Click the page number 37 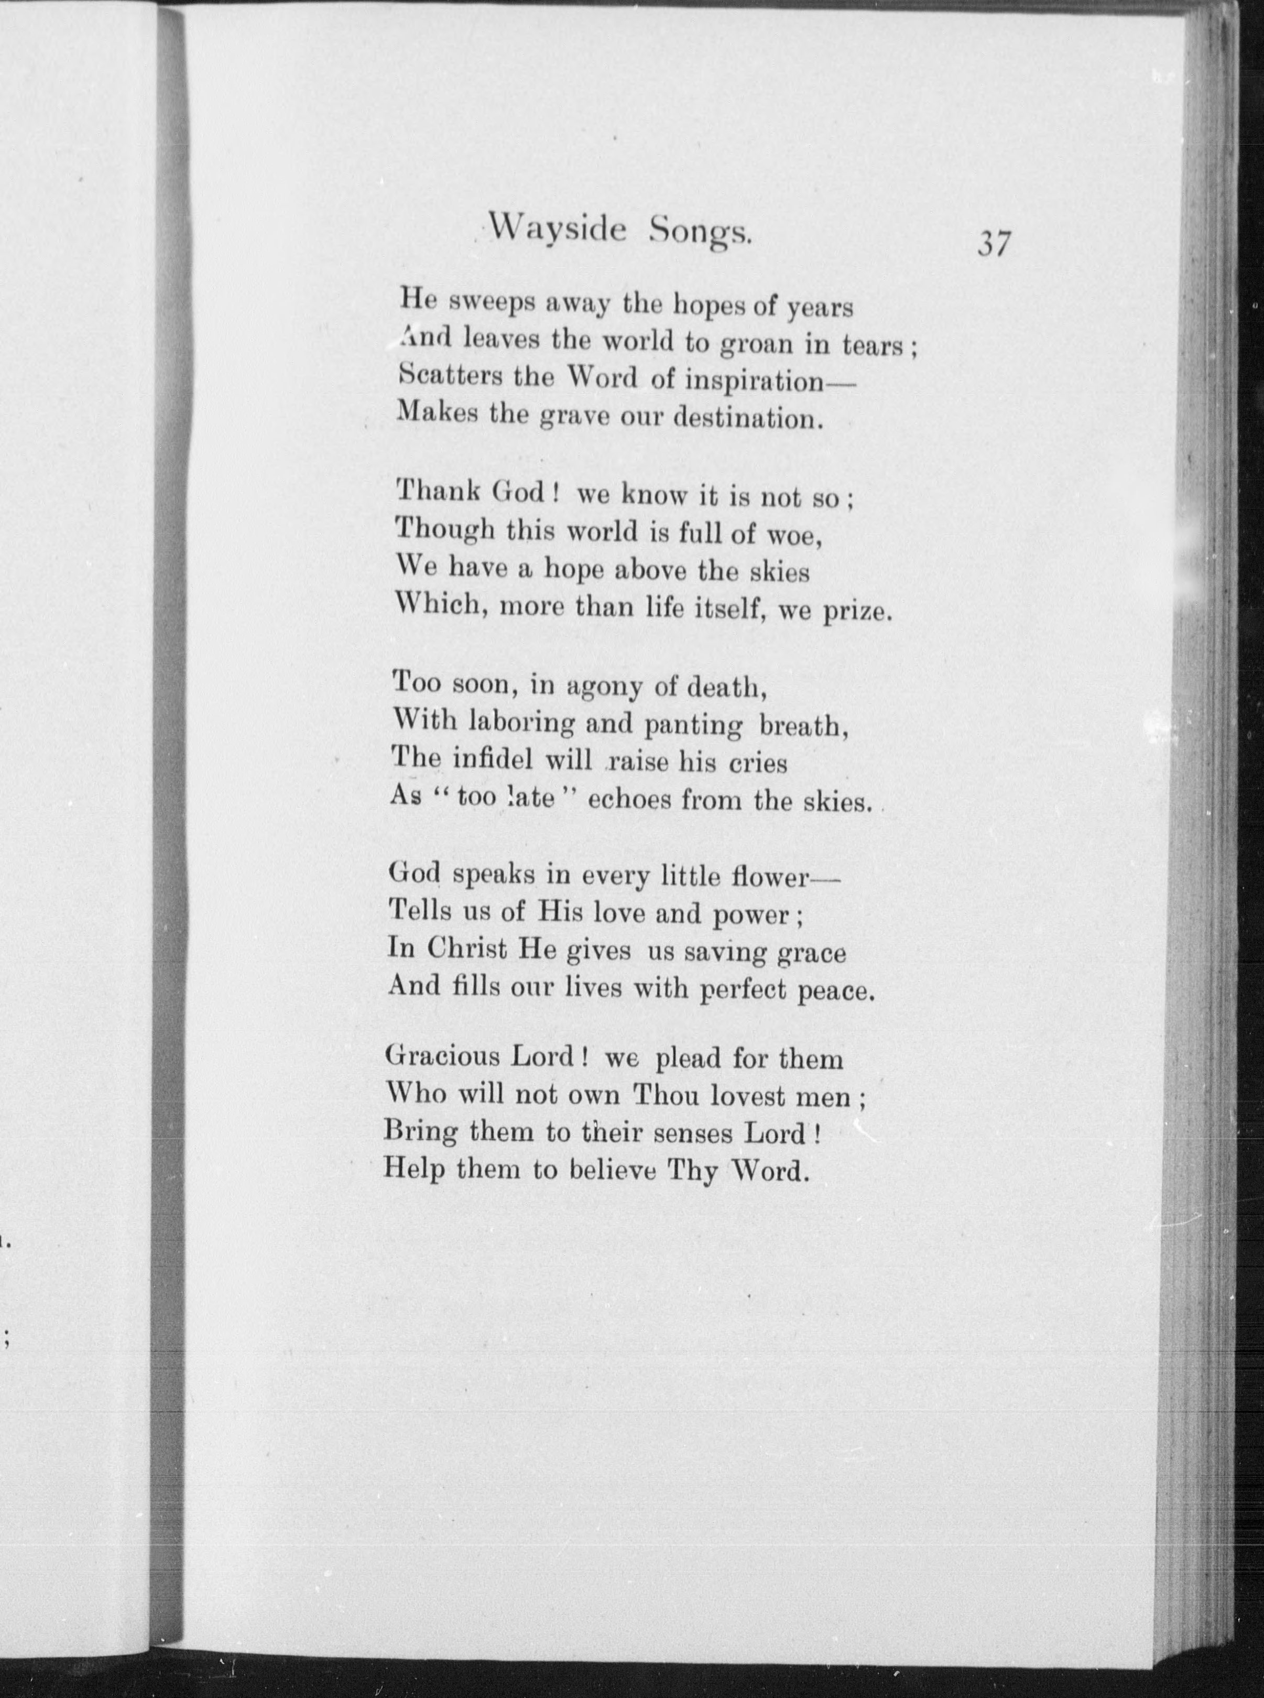(x=993, y=245)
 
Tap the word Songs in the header (x=699, y=232)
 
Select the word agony (x=604, y=687)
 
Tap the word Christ (x=467, y=950)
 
